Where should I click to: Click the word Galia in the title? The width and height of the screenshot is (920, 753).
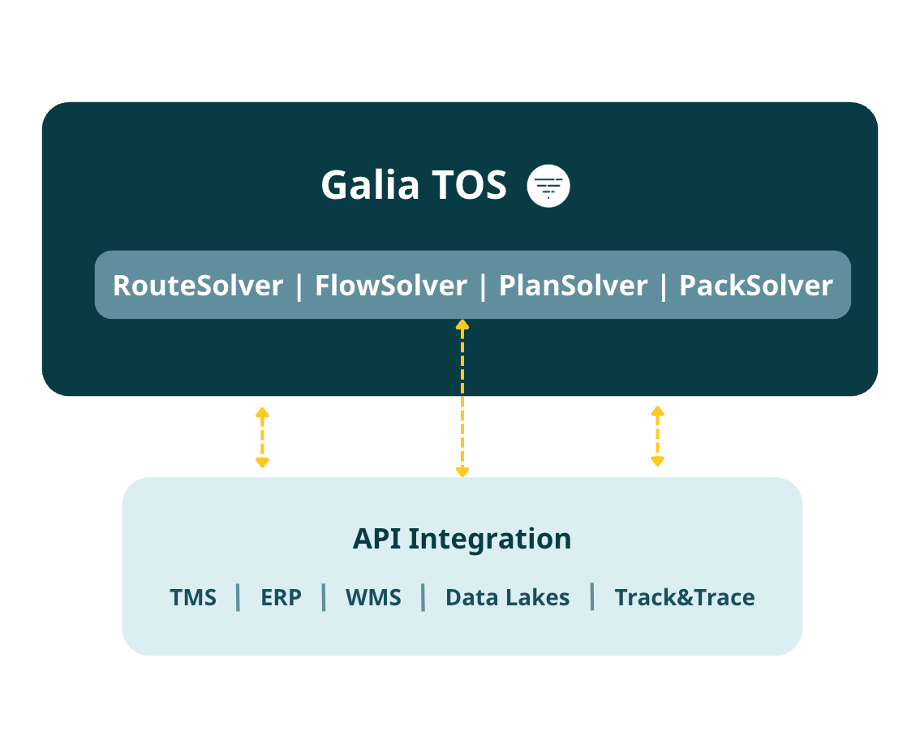click(x=370, y=185)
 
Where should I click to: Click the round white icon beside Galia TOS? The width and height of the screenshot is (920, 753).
click(x=548, y=186)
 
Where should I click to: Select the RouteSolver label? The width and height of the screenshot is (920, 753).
click(x=198, y=286)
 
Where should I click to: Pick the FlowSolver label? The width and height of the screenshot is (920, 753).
click(x=391, y=286)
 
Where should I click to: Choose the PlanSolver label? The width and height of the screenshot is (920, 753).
click(x=573, y=286)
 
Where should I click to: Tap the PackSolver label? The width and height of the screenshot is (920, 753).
click(x=756, y=286)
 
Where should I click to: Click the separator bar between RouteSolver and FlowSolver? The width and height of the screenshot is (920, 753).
click(x=299, y=286)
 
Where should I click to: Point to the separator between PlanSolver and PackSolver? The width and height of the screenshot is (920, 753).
click(x=664, y=286)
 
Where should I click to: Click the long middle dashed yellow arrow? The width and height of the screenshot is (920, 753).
click(x=462, y=398)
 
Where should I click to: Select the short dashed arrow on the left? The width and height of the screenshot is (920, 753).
click(x=262, y=437)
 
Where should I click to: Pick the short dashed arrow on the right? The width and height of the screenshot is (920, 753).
click(x=657, y=437)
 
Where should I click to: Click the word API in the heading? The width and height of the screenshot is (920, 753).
click(x=376, y=539)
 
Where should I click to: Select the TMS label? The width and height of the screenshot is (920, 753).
click(x=193, y=598)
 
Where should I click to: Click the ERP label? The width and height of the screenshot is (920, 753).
click(x=281, y=598)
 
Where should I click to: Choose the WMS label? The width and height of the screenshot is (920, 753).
click(x=373, y=598)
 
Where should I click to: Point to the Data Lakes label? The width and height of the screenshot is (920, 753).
click(x=507, y=598)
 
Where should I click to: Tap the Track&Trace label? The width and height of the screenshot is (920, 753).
click(x=685, y=598)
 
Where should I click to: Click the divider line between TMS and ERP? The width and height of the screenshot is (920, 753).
click(x=239, y=596)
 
